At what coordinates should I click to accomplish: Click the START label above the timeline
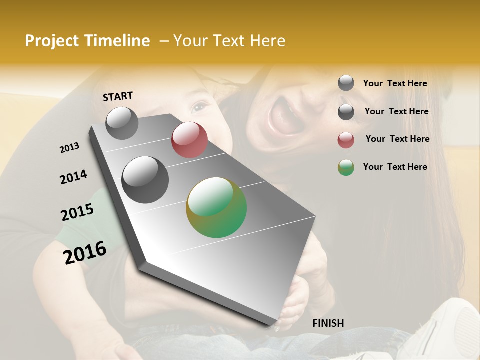(x=118, y=96)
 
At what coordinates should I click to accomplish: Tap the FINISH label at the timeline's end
(x=328, y=323)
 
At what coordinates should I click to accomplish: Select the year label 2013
(x=69, y=148)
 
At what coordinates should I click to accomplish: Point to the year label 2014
(x=73, y=177)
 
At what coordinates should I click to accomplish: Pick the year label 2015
(x=77, y=212)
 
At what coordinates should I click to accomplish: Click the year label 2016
(x=85, y=252)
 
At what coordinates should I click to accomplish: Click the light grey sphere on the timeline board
(x=122, y=123)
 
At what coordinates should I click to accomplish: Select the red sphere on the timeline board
(x=189, y=140)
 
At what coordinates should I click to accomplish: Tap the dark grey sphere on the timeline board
(x=145, y=179)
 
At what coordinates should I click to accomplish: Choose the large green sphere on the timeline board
(x=216, y=207)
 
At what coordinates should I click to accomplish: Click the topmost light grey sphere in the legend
(x=346, y=83)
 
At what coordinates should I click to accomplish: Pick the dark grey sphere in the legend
(x=346, y=112)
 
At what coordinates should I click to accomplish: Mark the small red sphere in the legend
(x=346, y=140)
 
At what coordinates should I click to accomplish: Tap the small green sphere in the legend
(x=346, y=167)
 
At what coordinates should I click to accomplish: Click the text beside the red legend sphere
(x=397, y=139)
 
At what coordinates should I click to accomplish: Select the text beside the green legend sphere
(x=395, y=167)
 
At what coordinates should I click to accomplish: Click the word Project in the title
(x=51, y=41)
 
